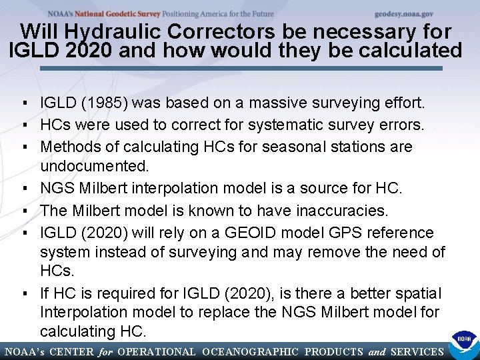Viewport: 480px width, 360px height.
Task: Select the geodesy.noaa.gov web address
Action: (403, 13)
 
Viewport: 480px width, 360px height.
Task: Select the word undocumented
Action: (91, 165)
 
